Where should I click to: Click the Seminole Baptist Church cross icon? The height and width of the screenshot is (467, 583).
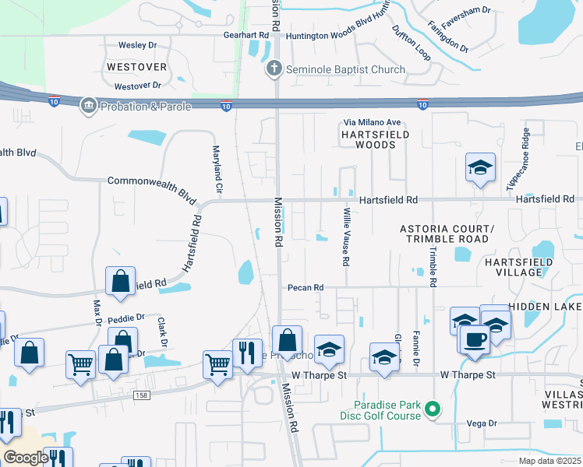(274, 70)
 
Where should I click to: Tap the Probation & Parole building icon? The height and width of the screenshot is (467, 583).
(88, 107)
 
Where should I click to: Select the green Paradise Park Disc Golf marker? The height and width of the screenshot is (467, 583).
(435, 409)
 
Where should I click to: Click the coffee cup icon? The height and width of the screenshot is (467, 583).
(475, 339)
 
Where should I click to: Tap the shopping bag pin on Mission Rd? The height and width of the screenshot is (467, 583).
(288, 339)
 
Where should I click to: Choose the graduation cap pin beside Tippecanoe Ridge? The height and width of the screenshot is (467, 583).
(481, 167)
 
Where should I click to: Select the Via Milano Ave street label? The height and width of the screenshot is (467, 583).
(373, 123)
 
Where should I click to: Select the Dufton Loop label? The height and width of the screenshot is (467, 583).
(411, 42)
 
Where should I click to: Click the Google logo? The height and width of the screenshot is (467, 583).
(26, 458)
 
